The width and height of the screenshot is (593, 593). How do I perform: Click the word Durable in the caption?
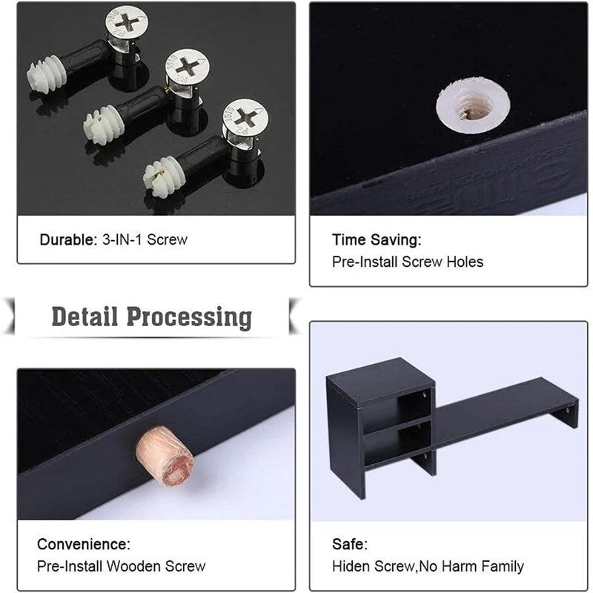68,239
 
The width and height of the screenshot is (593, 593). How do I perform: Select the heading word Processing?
189,318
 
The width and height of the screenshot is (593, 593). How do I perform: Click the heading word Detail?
85,317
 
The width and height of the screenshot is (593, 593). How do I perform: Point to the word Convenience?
84,544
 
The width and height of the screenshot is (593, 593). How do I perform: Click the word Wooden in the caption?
133,566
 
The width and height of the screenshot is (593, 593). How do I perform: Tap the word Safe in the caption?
349,544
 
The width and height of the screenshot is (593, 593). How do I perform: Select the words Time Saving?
377,239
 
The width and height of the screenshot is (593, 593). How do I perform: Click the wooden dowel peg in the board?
165,455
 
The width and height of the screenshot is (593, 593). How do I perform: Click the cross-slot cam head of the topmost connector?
126,22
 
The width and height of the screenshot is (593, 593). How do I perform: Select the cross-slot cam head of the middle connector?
188,67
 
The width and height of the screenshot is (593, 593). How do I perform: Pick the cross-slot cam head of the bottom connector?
246,118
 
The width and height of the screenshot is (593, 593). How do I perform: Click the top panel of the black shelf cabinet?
380,382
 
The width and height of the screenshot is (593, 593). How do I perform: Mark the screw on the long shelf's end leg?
567,411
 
